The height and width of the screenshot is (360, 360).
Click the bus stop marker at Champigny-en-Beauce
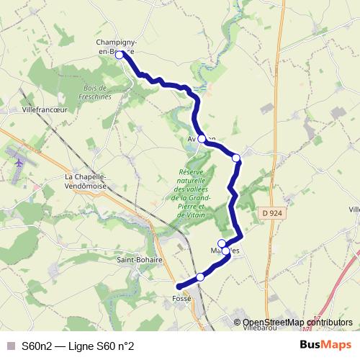[x=120, y=54]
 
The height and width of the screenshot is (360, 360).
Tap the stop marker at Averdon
[x=202, y=138]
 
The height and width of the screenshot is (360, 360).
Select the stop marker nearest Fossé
[x=200, y=277]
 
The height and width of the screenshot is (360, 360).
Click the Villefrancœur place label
[x=45, y=110]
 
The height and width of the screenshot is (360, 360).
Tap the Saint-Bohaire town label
[x=140, y=260]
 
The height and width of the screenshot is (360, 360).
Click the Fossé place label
[x=181, y=297]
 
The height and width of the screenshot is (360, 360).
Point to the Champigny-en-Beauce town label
[x=117, y=46]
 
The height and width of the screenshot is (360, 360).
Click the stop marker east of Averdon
[x=235, y=157]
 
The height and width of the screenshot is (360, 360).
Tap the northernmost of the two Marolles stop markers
[x=222, y=243]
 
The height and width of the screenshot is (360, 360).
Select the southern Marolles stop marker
[x=226, y=251]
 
